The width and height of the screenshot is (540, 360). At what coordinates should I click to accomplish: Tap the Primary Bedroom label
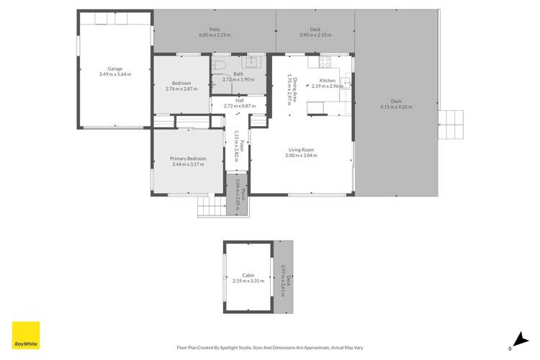(x=188, y=158)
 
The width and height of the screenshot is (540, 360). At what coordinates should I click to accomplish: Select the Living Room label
(x=300, y=149)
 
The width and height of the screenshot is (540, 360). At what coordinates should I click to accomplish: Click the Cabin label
(x=248, y=274)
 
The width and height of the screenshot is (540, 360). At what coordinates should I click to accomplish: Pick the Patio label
(x=215, y=30)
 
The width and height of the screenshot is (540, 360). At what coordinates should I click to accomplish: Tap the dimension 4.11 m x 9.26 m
(x=396, y=107)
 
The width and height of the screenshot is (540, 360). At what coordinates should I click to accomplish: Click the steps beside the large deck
(x=451, y=126)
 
